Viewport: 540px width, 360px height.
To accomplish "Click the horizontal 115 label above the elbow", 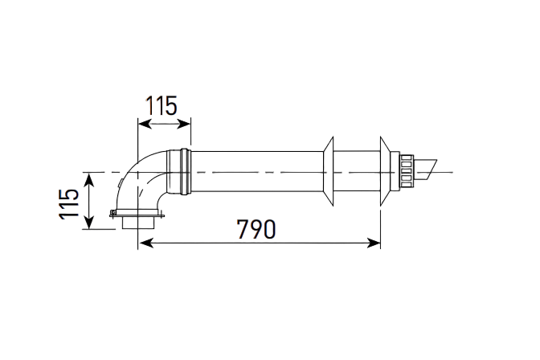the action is tap(162, 106).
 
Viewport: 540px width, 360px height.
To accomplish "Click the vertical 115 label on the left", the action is tap(69, 204).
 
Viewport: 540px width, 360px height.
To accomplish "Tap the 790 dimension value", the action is tap(256, 229).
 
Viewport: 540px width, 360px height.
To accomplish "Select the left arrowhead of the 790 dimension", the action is tap(146, 243).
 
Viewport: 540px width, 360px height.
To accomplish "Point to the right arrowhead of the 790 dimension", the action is tap(374, 243).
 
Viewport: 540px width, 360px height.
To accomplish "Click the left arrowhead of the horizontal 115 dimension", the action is tap(145, 124).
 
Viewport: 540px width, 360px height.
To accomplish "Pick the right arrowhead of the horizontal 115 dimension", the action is tap(184, 124).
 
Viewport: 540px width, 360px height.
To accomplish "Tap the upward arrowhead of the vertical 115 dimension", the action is tap(89, 180).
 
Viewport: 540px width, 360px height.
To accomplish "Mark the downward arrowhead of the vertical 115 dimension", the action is tap(89, 223).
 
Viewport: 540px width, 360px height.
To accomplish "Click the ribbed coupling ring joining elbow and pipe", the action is tap(186, 171).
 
